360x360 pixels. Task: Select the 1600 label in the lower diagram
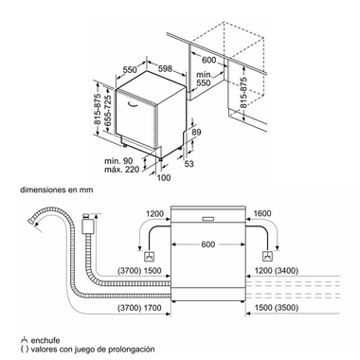point(261,214)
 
